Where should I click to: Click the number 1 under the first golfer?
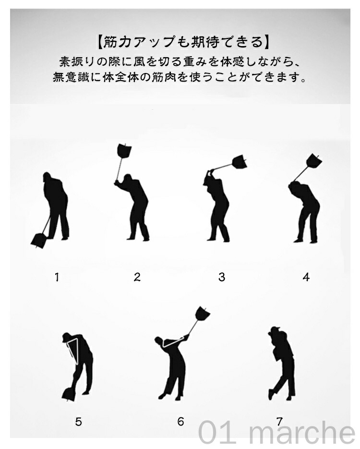tap(57, 277)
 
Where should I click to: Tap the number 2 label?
tap(137, 277)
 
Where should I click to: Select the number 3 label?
tap(222, 277)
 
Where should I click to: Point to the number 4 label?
tap(306, 277)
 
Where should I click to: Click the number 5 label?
tap(78, 422)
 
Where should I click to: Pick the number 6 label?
tap(180, 421)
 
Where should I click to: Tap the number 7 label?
tap(279, 421)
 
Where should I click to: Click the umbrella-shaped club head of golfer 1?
tap(38, 241)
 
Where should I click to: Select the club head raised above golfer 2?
tap(124, 150)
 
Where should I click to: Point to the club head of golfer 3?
tap(240, 162)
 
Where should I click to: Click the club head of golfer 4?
tap(314, 161)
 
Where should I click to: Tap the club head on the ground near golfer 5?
tap(69, 394)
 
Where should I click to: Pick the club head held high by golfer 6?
tap(203, 314)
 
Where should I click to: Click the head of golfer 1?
tap(47, 177)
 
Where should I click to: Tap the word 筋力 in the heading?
tap(114, 42)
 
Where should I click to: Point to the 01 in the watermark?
tap(217, 433)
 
